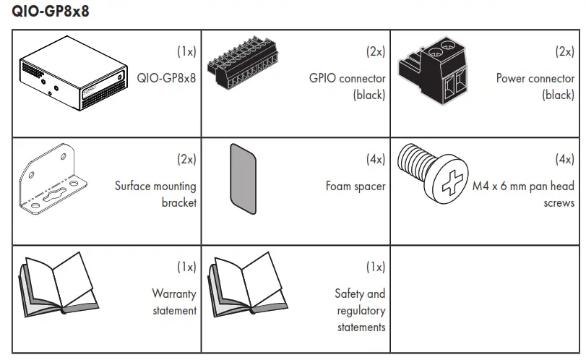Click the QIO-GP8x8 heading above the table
click(51, 13)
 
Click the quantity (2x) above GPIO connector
click(376, 51)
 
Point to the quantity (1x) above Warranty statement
click(186, 267)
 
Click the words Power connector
click(535, 79)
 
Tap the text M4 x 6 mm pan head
click(524, 187)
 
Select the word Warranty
click(174, 293)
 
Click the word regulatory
click(361, 311)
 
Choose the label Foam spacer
click(356, 187)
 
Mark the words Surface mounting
click(155, 187)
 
